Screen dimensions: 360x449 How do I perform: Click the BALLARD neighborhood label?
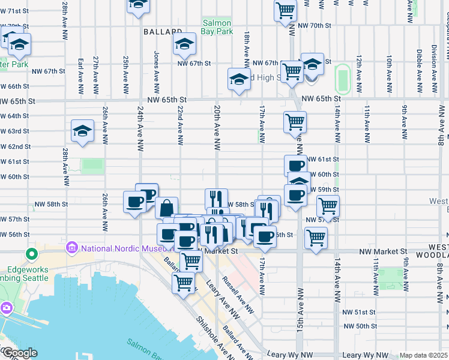[x=163, y=31]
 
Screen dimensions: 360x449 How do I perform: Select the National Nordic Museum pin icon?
[x=73, y=247]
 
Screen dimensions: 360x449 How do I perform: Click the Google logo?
[x=19, y=353]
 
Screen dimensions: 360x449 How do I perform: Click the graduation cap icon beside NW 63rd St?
[x=82, y=132]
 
